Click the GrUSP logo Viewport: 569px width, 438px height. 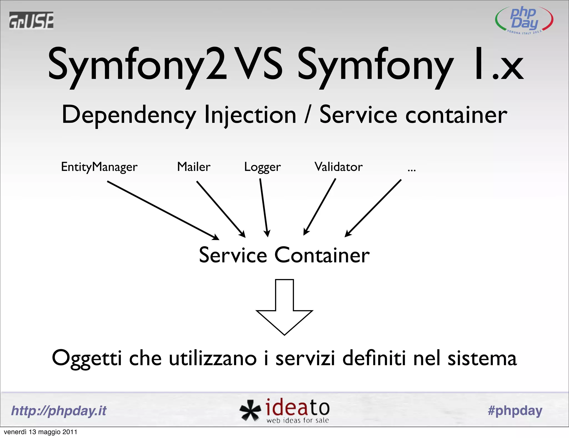[x=31, y=20]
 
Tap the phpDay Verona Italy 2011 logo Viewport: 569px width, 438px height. [x=524, y=20]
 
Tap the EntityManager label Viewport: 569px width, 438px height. [x=99, y=167]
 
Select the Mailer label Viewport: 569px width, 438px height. [x=194, y=167]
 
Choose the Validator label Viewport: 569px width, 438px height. [x=338, y=167]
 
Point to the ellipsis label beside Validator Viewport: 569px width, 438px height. [x=411, y=169]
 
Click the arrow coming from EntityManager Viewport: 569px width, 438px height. [x=163, y=210]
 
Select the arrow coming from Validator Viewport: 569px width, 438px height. [x=320, y=207]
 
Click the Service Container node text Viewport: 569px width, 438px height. [x=284, y=255]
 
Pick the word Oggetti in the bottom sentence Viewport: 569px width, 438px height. [x=87, y=359]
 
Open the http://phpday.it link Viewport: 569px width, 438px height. [x=59, y=410]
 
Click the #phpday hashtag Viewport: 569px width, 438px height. [x=515, y=410]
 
